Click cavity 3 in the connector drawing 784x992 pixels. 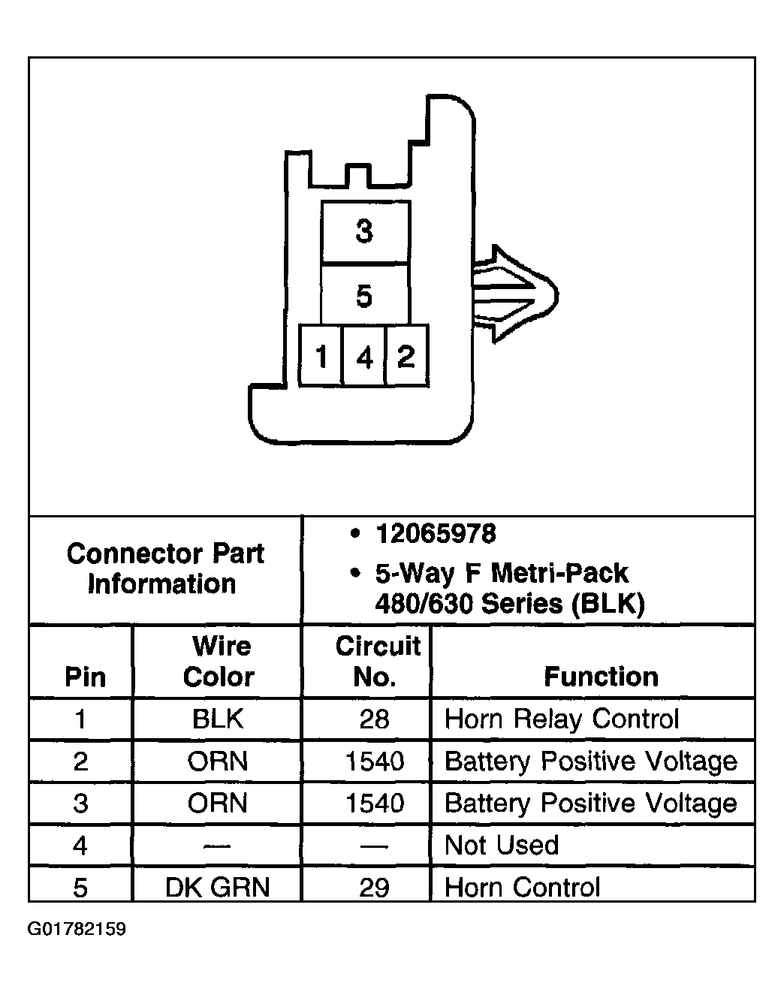364,232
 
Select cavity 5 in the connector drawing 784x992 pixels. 364,295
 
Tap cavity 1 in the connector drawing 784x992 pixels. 321,355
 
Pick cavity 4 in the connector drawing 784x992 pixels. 364,356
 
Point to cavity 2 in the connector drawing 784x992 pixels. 406,355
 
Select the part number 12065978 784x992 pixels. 436,534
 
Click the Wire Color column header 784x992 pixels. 220,661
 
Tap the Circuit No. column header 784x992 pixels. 378,661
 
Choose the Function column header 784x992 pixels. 601,677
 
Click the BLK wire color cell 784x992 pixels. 218,719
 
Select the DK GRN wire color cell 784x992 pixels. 217,887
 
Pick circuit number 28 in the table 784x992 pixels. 374,719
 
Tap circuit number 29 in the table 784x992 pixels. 374,888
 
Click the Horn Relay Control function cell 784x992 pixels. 562,719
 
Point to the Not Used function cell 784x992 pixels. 502,845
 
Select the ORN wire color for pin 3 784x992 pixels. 218,803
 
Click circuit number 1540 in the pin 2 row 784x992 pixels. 375,761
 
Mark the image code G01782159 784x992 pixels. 77,929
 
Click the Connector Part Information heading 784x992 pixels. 165,568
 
